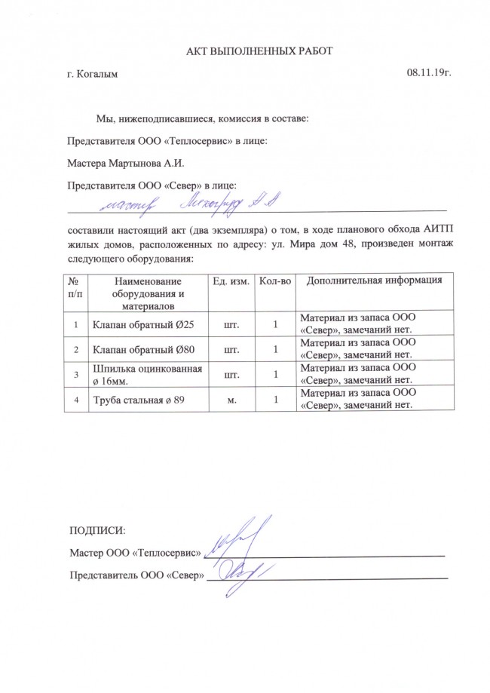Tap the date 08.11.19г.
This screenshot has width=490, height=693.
pos(429,74)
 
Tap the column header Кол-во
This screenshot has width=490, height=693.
pos(274,281)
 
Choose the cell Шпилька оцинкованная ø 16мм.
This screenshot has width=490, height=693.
pos(146,375)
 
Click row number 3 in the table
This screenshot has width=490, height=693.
pos(76,375)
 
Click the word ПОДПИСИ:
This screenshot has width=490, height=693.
pos(96,532)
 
